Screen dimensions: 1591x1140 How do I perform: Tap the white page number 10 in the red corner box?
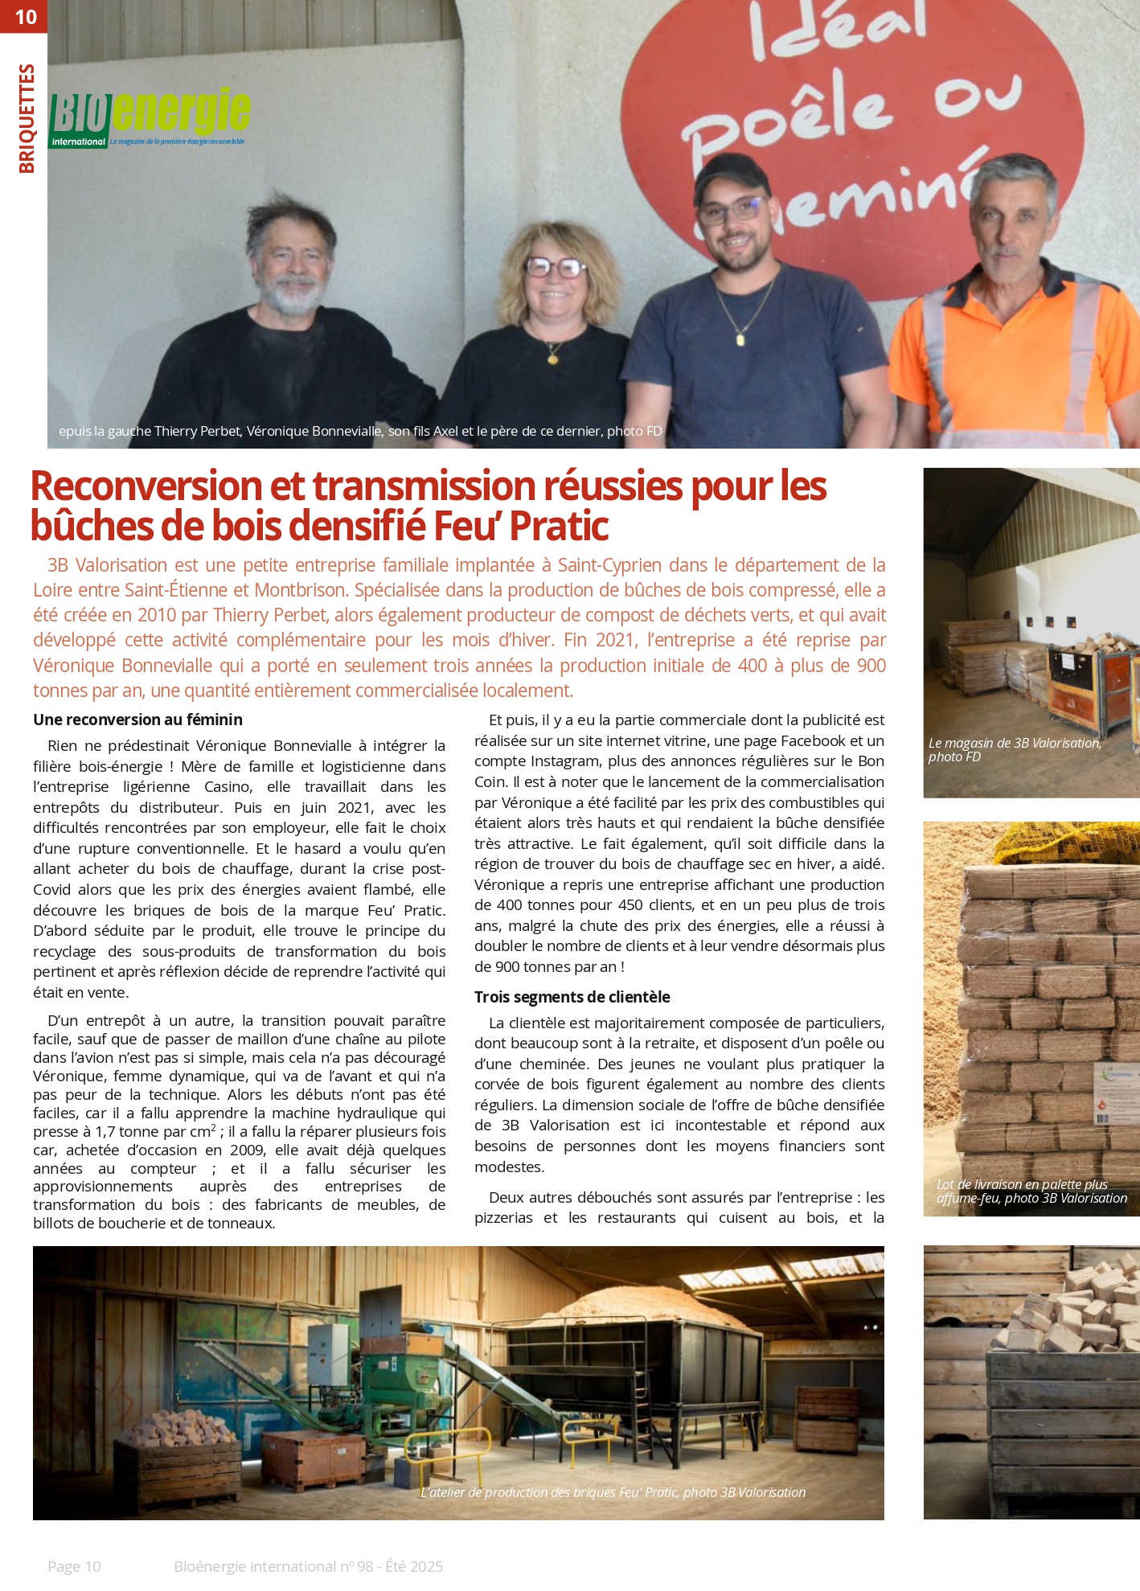pyautogui.click(x=26, y=17)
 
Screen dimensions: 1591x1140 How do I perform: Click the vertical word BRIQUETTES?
pyautogui.click(x=27, y=118)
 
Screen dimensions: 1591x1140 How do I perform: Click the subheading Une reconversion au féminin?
pyautogui.click(x=137, y=720)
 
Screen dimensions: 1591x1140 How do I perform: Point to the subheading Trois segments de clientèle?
pyautogui.click(x=572, y=997)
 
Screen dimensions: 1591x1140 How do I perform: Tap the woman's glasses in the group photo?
pyautogui.click(x=555, y=267)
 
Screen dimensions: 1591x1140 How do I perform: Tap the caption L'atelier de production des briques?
pyautogui.click(x=613, y=1492)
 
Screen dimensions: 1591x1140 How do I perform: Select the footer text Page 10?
pyautogui.click(x=74, y=1566)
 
